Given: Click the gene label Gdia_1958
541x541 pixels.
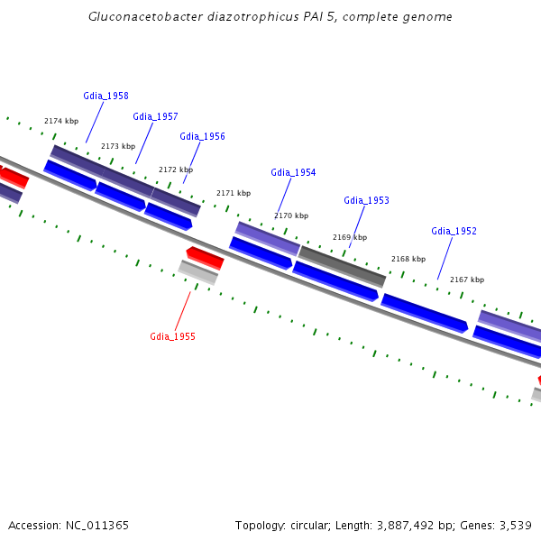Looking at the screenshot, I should click(x=105, y=96).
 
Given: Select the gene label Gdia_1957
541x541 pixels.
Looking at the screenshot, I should click(x=155, y=116).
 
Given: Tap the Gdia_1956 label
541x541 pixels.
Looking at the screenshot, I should click(x=202, y=137).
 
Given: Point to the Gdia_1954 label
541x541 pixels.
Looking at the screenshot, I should click(x=293, y=172).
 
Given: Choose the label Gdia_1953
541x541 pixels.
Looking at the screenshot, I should click(x=366, y=200).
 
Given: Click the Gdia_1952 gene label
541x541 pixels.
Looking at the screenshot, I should click(x=454, y=231).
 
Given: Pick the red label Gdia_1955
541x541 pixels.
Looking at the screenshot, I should click(x=172, y=336).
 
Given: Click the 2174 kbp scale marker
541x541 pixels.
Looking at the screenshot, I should click(x=61, y=121).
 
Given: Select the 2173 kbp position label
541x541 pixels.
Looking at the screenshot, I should click(x=118, y=146).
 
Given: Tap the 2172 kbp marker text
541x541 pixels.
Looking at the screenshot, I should click(x=176, y=170).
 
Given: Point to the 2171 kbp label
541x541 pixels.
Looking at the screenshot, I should click(x=234, y=193).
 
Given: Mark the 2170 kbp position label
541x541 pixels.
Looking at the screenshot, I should click(x=291, y=215).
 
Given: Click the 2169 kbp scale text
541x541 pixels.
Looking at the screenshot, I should click(x=350, y=237).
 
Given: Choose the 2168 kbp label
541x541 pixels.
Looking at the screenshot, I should click(x=408, y=259).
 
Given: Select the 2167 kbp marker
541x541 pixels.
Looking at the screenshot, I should click(x=467, y=280).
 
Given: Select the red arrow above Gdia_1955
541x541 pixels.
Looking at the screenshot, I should click(x=205, y=258).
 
